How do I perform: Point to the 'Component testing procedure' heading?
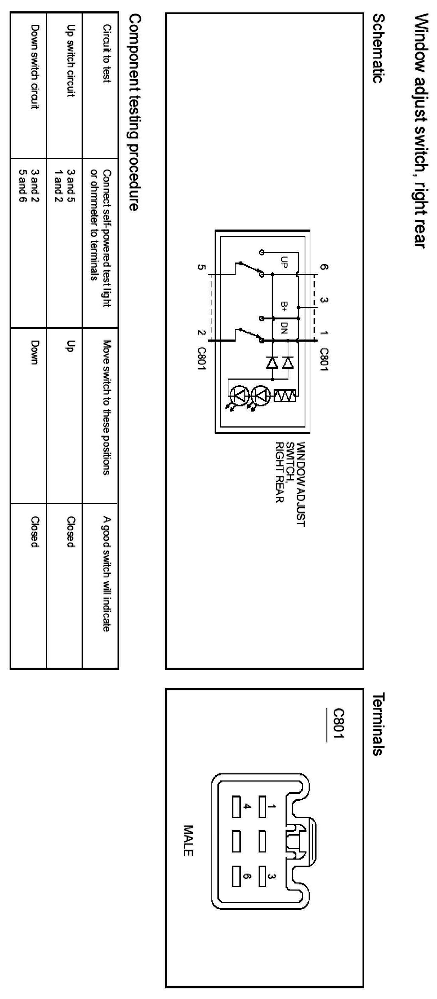[x=133, y=112]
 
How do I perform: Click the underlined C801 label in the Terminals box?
[x=338, y=724]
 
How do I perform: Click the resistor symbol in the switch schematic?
[x=285, y=396]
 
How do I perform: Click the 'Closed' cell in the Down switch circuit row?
[x=34, y=532]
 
